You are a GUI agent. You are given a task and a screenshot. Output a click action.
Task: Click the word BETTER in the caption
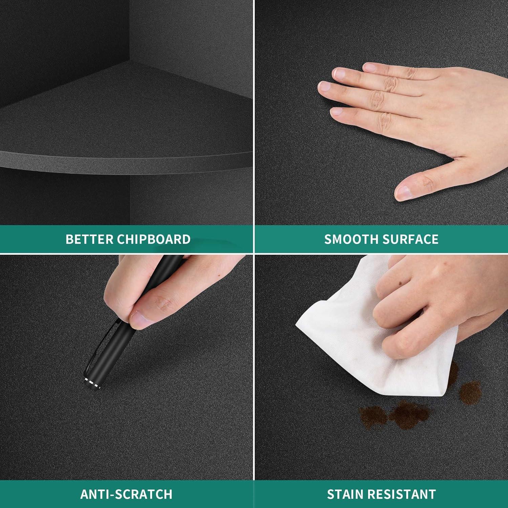[x=89, y=239]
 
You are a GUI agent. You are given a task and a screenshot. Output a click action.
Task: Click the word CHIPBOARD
[x=154, y=239]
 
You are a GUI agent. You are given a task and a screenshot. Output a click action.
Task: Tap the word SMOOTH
[x=351, y=239]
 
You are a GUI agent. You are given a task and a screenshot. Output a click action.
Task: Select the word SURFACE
[x=410, y=239]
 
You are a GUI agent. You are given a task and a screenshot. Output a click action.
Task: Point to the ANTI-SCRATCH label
[x=126, y=494]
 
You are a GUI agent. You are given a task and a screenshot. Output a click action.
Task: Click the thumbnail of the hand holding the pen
[x=140, y=320]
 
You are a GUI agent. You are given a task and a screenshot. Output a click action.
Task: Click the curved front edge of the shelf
[x=125, y=161]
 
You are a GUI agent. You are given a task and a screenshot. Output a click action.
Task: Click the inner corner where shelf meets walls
[x=130, y=61]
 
